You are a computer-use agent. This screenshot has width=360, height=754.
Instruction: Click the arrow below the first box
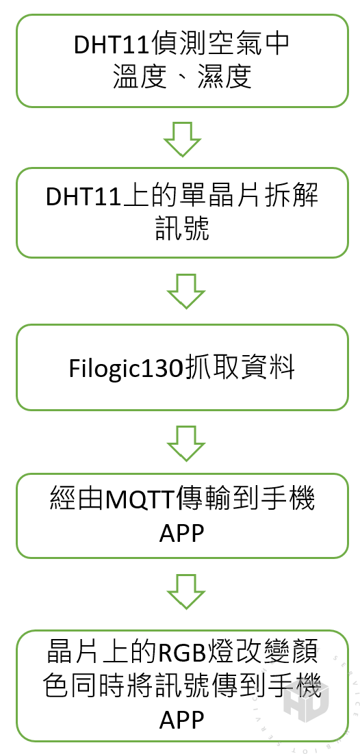click(182, 138)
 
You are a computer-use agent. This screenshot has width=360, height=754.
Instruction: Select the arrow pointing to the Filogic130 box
click(185, 291)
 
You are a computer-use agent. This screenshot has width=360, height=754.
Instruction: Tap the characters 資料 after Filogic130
click(267, 369)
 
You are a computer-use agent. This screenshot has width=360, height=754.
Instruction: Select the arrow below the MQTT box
click(185, 591)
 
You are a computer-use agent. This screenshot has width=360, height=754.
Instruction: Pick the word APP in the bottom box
click(182, 720)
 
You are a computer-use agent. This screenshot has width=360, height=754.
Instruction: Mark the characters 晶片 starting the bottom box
click(74, 655)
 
